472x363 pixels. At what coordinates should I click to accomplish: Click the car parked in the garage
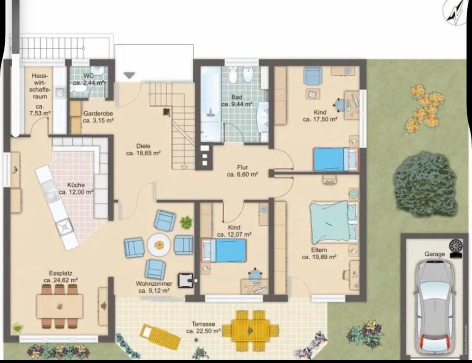(x=434, y=307)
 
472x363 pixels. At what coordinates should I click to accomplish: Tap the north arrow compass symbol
(x=456, y=11)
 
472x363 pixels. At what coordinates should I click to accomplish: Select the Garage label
(x=435, y=254)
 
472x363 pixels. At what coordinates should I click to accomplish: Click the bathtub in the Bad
(x=211, y=103)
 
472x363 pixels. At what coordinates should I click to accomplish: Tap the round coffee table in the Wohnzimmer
(x=159, y=244)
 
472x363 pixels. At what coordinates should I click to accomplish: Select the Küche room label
(x=76, y=185)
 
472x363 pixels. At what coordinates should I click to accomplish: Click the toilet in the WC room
(x=77, y=89)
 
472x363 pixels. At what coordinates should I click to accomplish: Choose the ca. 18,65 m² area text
(x=143, y=153)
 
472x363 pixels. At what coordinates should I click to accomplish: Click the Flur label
(x=242, y=168)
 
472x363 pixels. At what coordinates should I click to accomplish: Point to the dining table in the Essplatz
(x=59, y=306)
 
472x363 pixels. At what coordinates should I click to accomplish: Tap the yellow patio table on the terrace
(x=250, y=330)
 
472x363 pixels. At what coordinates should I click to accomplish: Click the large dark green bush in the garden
(x=426, y=184)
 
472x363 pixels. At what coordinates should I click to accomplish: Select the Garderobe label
(x=98, y=114)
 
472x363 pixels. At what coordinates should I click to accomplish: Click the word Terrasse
(x=204, y=324)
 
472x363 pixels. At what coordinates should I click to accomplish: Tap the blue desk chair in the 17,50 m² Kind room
(x=340, y=105)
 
